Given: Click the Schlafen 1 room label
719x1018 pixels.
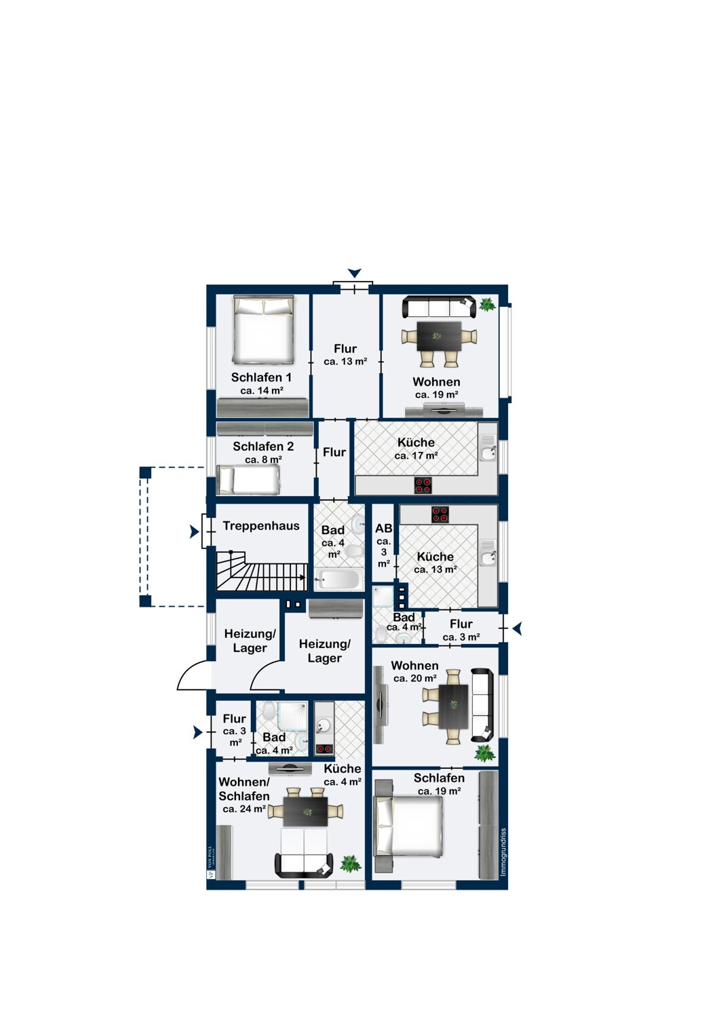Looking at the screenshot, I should [261, 377].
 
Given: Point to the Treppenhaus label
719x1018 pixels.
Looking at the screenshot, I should [260, 526].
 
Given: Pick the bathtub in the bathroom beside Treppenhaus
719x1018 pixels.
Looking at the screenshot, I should [338, 580].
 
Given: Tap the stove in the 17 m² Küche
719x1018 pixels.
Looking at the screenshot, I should [423, 485].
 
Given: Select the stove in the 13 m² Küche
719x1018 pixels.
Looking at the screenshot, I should [440, 514].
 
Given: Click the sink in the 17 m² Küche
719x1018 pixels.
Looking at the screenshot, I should [488, 448].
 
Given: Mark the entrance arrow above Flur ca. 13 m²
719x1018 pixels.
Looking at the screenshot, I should [354, 273].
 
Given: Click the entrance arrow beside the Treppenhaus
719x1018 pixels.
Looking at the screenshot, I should [195, 532].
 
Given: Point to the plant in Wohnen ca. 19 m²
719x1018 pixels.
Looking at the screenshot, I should [487, 305].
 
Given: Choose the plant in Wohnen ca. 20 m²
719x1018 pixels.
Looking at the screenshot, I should [484, 752].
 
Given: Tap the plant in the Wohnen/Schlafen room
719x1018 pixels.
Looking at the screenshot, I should [350, 863].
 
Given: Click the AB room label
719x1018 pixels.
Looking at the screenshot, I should [383, 529].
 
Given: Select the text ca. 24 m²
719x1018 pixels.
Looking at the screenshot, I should [244, 809].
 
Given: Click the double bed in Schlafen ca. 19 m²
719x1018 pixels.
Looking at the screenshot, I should [409, 826].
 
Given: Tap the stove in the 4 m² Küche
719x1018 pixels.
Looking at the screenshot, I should [324, 749].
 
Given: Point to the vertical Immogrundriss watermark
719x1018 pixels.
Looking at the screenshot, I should [503, 852].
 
